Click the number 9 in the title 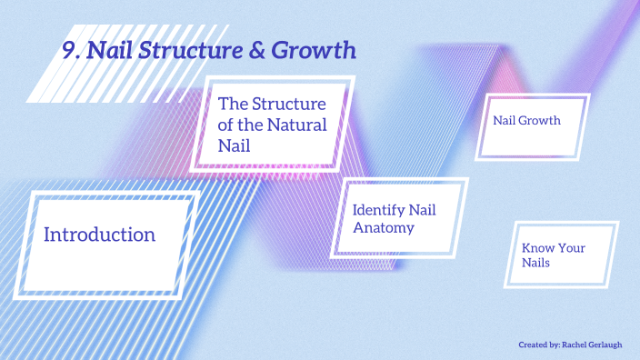(x=68, y=51)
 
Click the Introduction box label (x=99, y=235)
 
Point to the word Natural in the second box (x=296, y=124)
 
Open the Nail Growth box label (x=526, y=120)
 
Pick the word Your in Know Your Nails (x=571, y=247)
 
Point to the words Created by (x=538, y=345)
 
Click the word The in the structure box (x=231, y=104)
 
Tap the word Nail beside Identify (x=422, y=210)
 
